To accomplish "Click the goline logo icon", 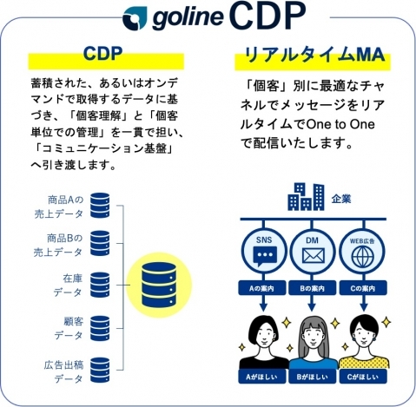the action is point(135,18).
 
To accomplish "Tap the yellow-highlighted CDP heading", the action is point(102,54).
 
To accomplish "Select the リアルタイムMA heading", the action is point(314,55).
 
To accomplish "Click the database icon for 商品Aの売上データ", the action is point(100,205).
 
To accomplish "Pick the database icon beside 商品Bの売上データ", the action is point(100,243).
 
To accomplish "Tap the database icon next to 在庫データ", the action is point(100,285).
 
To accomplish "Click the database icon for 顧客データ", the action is point(100,328).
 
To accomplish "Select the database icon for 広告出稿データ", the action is point(100,370).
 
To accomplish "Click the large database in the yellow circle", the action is point(159,285).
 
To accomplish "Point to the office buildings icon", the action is point(306,196).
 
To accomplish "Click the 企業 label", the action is point(341,199).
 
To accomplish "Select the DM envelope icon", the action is point(314,256).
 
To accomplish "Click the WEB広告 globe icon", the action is point(363,257).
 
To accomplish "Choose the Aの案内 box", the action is point(262,288).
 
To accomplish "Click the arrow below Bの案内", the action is point(312,303).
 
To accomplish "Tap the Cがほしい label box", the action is point(363,377).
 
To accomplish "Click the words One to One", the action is point(340,124).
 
